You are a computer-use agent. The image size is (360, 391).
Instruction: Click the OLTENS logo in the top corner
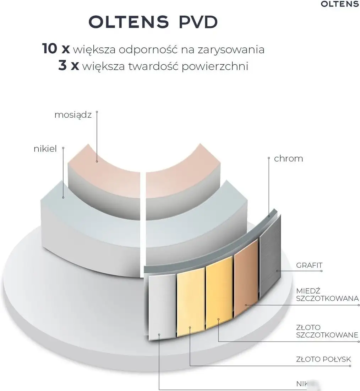pyautogui.click(x=339, y=4)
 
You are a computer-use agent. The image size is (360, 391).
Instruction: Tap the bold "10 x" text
pyautogui.click(x=56, y=49)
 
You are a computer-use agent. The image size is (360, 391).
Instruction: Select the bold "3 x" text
pyautogui.click(x=69, y=66)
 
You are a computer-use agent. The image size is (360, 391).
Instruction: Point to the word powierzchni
pyautogui.click(x=215, y=67)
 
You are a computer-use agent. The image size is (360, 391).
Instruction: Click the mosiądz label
pyautogui.click(x=73, y=115)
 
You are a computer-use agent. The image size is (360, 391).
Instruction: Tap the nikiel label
pyautogui.click(x=45, y=149)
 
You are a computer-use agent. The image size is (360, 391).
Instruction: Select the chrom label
pyautogui.click(x=288, y=159)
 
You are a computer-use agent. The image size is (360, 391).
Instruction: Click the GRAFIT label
pyautogui.click(x=309, y=265)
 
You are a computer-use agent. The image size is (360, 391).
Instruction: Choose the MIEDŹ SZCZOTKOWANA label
pyautogui.click(x=327, y=294)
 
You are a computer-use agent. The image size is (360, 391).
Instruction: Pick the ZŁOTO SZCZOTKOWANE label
pyautogui.click(x=327, y=331)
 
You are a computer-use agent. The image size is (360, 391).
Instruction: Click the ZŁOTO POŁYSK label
pyautogui.click(x=323, y=360)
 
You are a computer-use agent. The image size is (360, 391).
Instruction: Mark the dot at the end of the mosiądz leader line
pyautogui.click(x=97, y=161)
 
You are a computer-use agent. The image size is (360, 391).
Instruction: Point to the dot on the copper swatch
pyautogui.click(x=245, y=305)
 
